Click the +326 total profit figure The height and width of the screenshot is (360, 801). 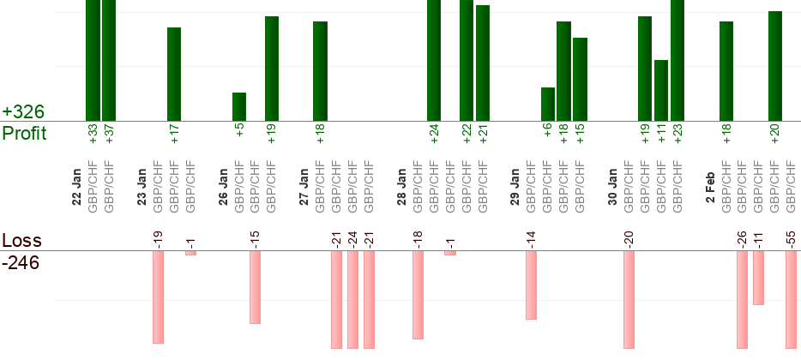23,112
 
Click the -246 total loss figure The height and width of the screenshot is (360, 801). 21,262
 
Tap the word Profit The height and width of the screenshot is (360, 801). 24,134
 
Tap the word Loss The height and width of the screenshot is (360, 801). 21,241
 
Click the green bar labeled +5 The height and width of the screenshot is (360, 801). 239,106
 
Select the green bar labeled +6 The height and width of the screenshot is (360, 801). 548,104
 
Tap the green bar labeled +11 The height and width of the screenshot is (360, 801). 661,90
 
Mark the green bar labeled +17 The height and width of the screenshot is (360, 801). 174,74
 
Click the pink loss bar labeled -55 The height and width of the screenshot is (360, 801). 791,299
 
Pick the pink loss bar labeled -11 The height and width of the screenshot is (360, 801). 758,278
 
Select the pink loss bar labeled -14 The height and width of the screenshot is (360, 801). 531,285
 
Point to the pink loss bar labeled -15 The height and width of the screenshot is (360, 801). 255,287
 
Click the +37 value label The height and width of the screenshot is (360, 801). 110,135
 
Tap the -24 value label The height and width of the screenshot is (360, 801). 352,237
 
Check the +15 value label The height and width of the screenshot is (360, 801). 581,135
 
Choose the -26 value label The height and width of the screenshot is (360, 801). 742,237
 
